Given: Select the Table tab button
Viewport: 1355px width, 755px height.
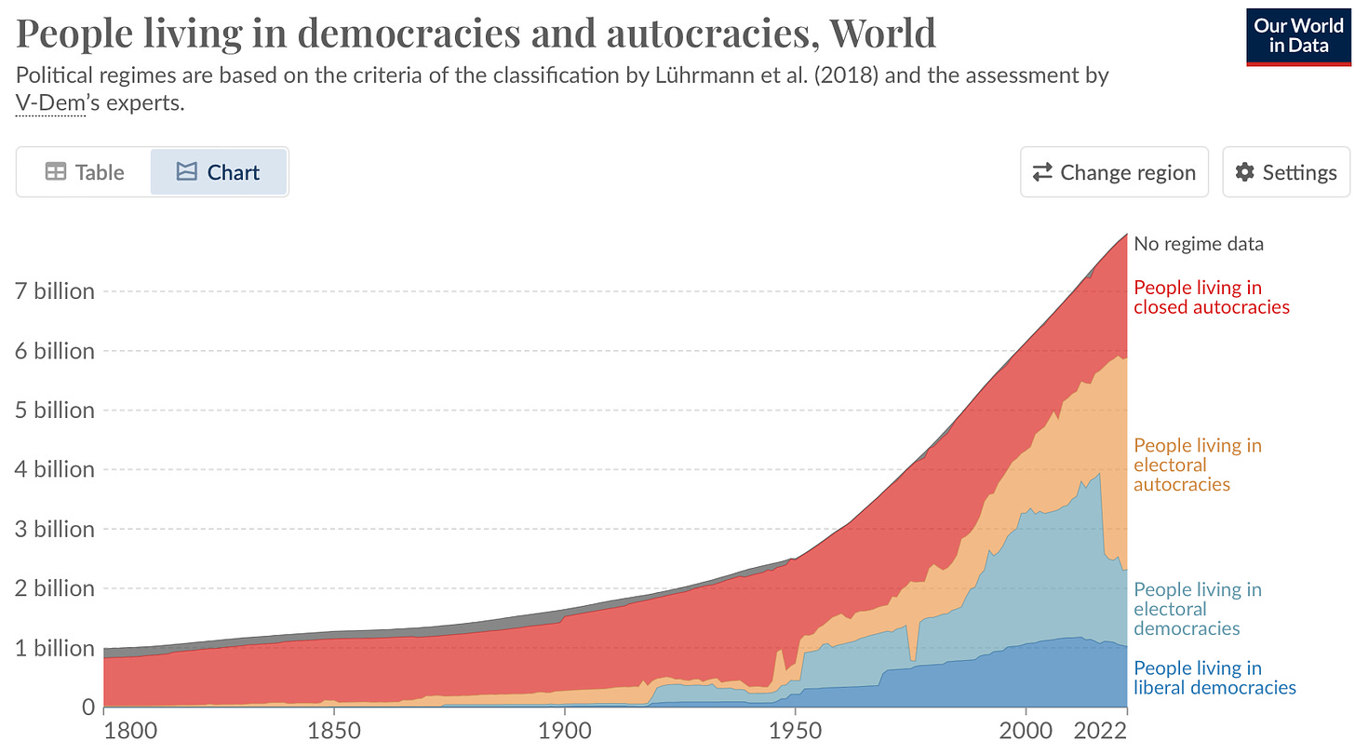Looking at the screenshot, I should (x=85, y=172).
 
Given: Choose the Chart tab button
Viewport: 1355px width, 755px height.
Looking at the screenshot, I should (x=219, y=172).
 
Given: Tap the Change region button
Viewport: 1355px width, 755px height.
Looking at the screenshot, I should (x=1114, y=172).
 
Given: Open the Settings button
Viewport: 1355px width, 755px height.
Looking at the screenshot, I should (x=1286, y=172).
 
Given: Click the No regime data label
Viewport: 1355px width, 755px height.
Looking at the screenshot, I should (x=1199, y=245).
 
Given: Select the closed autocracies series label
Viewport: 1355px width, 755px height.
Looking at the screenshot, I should (x=1211, y=297).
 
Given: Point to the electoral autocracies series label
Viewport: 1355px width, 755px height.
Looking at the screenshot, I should (x=1197, y=465).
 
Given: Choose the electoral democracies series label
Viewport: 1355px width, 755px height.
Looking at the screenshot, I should (x=1197, y=609).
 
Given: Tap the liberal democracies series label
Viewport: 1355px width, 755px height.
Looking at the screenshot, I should (x=1214, y=678).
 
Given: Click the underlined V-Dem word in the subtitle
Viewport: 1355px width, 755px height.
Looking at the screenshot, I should (x=50, y=103).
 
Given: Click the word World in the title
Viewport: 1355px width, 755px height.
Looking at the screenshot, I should (x=882, y=34).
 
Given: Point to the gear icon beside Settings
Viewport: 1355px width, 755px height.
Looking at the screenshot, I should (x=1244, y=172).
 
